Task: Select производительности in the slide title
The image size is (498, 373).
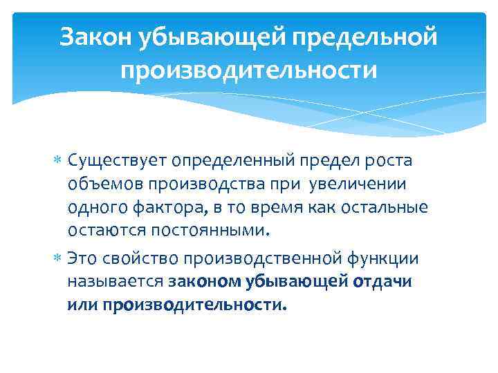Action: tap(249, 70)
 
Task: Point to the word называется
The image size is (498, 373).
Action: tap(115, 281)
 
